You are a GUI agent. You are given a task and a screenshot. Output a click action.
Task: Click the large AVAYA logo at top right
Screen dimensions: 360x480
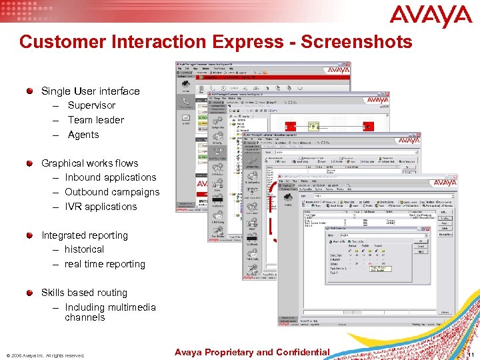431,16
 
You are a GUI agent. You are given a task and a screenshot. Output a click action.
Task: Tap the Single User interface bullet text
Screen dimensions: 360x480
90,91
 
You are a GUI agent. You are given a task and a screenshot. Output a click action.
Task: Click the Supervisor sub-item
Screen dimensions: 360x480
91,105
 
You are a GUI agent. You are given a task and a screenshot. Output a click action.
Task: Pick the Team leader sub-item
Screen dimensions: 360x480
95,120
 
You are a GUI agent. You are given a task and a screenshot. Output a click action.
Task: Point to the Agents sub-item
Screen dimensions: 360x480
83,135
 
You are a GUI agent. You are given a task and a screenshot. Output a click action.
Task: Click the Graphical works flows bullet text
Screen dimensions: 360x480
89,163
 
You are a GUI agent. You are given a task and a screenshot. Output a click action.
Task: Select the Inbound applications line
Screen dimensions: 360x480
110,177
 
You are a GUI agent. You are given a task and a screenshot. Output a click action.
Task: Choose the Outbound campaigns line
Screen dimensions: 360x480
112,192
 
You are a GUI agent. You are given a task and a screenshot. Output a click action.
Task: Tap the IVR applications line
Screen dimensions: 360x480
101,207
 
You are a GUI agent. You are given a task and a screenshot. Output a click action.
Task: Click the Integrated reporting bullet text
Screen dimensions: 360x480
84,235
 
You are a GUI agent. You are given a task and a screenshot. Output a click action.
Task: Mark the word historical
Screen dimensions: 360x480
84,249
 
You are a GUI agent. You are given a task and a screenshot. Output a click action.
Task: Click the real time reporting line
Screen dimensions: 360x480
105,264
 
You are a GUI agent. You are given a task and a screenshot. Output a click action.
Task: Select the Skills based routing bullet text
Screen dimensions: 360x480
83,293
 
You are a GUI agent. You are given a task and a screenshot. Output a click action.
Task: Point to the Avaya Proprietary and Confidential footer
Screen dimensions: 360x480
252,352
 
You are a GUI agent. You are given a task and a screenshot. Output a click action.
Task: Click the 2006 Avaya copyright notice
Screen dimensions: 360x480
45,355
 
